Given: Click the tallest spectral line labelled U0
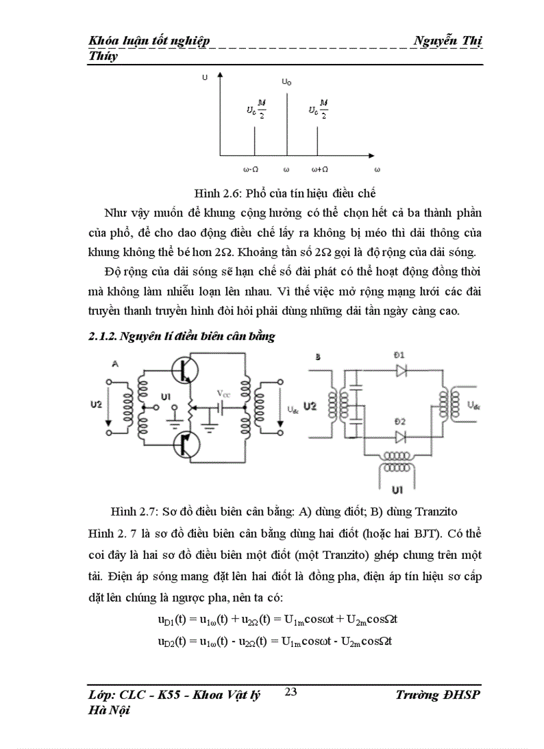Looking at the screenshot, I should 287,123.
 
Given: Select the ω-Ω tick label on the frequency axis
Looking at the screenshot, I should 253,170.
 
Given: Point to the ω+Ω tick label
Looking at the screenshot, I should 319,170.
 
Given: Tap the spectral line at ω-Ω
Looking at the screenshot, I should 255,141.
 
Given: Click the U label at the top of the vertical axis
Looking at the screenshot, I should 205,78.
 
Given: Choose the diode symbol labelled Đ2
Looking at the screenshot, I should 401,437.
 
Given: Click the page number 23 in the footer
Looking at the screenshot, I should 290,692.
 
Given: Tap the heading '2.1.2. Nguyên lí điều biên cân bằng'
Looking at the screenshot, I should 182,337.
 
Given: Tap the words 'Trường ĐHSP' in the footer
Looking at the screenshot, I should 437,694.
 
